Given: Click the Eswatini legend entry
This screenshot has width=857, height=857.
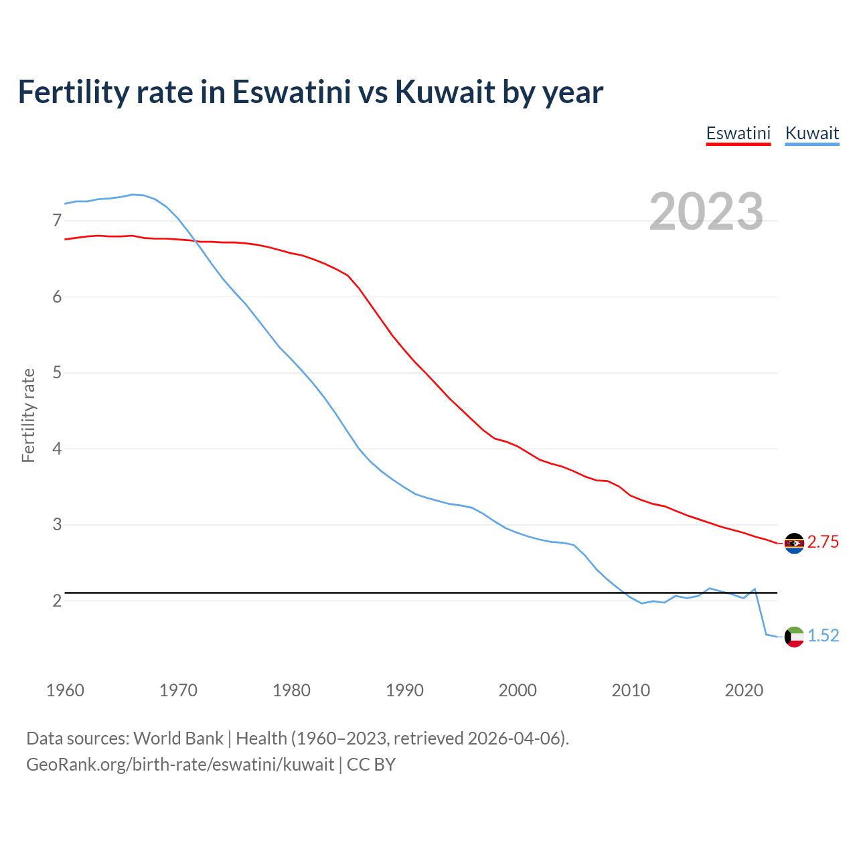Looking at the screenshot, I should (738, 133).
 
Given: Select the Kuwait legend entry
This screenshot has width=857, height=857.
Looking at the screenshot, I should (811, 133).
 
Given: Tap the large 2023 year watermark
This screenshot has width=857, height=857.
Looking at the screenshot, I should (706, 212).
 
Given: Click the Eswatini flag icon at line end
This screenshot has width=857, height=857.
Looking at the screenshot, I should (794, 543).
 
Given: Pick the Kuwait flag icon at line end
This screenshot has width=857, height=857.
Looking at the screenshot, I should (794, 637).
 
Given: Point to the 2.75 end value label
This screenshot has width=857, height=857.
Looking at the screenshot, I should (823, 542).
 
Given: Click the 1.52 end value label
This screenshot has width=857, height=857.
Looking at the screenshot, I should (823, 636).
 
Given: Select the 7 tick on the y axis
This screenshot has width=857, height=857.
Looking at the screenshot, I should (57, 221).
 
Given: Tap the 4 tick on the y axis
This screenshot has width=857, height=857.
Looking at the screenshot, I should (57, 449).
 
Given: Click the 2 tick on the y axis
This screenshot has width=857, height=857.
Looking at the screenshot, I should (57, 601).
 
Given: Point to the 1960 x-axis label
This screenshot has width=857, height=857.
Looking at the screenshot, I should (65, 690).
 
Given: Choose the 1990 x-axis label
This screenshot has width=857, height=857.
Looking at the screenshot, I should (404, 690).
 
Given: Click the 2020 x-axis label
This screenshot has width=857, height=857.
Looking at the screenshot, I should (744, 690).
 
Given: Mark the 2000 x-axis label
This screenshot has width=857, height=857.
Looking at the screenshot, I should (518, 690).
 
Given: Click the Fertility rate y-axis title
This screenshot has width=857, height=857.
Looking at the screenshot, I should (28, 415).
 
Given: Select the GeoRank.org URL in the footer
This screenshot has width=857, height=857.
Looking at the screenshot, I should (180, 765).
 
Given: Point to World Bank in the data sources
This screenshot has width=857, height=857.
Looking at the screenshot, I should (178, 738).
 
